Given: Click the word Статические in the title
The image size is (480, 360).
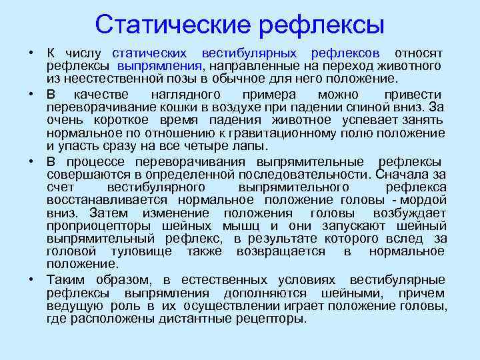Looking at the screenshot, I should click(x=171, y=25).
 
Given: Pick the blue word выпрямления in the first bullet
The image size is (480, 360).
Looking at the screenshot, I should click(x=160, y=66).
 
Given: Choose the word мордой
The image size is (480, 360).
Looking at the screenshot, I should click(x=426, y=200).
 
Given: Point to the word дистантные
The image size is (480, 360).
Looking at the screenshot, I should click(x=191, y=319).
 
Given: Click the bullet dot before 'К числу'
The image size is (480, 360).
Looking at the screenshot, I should click(x=31, y=53).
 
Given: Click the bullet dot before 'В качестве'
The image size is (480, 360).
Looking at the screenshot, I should click(x=31, y=95).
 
